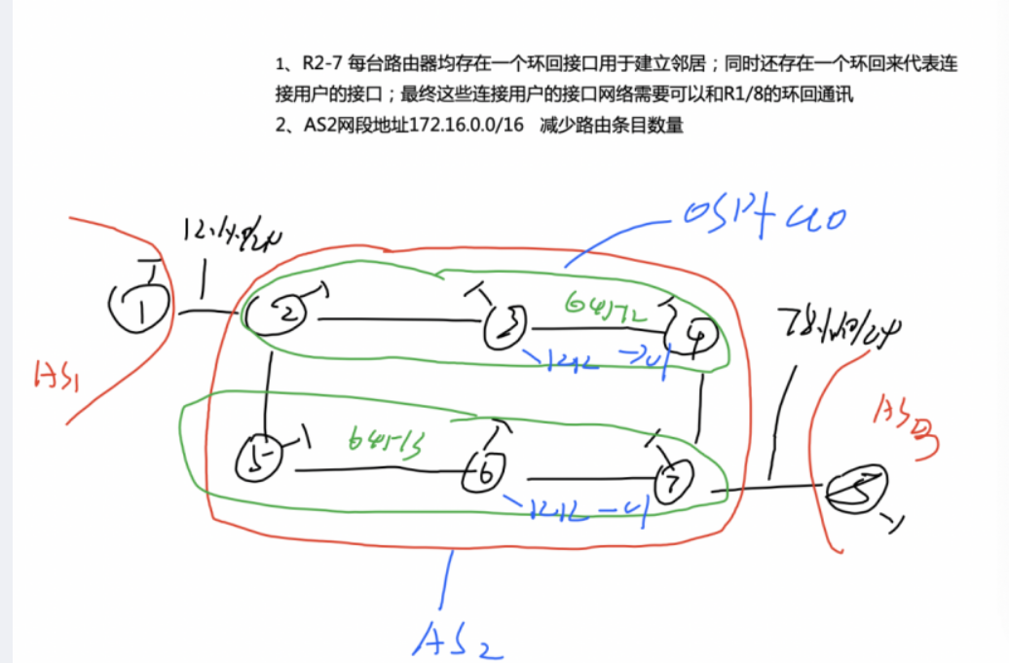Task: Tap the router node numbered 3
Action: point(506,326)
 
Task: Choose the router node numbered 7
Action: point(671,483)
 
